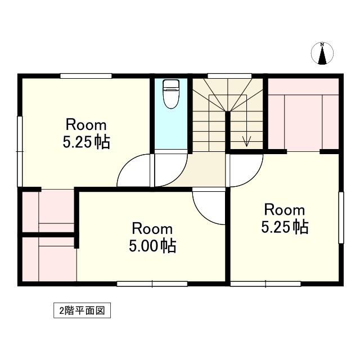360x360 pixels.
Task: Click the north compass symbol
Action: (x=322, y=53)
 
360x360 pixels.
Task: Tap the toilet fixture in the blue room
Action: (x=170, y=93)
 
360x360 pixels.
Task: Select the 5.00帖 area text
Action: (x=152, y=246)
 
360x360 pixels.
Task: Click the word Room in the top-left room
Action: (x=86, y=124)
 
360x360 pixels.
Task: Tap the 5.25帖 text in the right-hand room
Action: (x=285, y=227)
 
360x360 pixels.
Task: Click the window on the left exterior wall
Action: (x=20, y=151)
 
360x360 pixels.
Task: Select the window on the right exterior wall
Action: (x=340, y=218)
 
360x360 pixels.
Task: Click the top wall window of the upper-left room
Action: (x=86, y=75)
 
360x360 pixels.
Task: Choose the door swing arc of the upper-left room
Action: (x=133, y=171)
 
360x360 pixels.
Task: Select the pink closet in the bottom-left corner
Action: (x=49, y=259)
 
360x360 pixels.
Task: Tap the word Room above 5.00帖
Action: (x=152, y=229)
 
